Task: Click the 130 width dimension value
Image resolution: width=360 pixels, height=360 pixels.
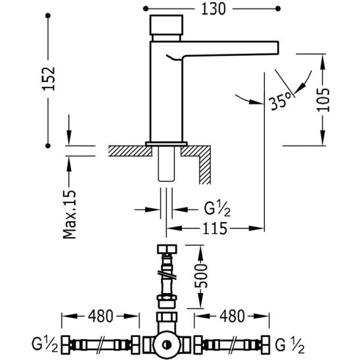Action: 214,9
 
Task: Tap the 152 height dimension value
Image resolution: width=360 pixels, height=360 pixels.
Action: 49,79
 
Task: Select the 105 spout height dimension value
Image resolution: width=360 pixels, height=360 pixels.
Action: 323,99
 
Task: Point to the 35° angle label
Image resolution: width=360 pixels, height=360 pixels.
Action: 281,101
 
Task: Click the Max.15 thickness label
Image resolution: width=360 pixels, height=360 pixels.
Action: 70,214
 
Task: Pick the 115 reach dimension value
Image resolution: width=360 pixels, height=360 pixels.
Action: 215,229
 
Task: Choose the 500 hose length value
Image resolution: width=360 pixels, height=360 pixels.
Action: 201,276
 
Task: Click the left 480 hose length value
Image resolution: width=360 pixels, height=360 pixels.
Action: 101,316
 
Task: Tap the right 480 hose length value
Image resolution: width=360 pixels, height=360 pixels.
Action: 232,316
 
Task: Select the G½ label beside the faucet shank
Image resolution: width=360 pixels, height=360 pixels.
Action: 217,210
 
